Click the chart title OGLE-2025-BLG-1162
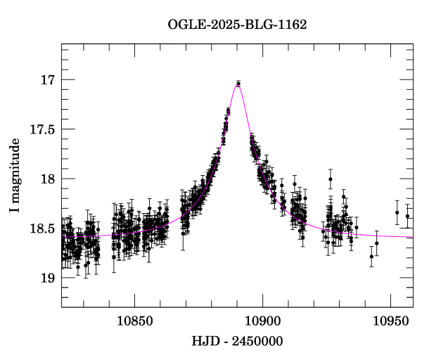point(237,25)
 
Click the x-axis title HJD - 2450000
point(237,342)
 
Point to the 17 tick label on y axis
point(47,79)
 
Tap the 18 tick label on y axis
point(47,179)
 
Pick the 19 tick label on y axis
point(47,278)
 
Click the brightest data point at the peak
point(238,84)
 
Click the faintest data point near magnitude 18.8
point(371,257)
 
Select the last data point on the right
point(407,216)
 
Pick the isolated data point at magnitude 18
point(330,179)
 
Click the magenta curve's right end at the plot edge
point(412,237)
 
